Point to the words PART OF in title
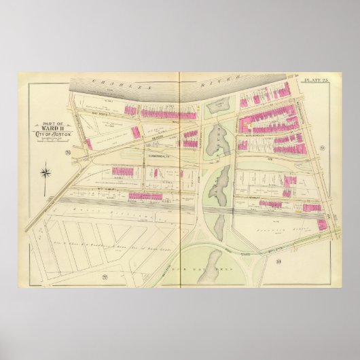click(x=46, y=123)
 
